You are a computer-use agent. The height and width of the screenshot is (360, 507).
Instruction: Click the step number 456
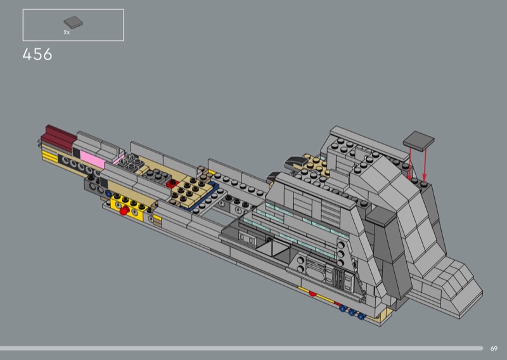tap(37, 55)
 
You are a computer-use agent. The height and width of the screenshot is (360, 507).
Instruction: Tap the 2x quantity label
tap(67, 32)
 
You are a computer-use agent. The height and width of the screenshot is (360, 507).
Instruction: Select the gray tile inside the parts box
tap(73, 22)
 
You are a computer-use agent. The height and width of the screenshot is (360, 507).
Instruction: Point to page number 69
tap(494, 349)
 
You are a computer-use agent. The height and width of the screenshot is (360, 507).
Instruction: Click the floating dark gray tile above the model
tap(418, 141)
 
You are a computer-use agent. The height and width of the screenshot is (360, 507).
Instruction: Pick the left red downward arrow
tap(409, 164)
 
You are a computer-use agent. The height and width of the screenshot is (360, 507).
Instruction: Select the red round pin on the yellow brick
tap(124, 211)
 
